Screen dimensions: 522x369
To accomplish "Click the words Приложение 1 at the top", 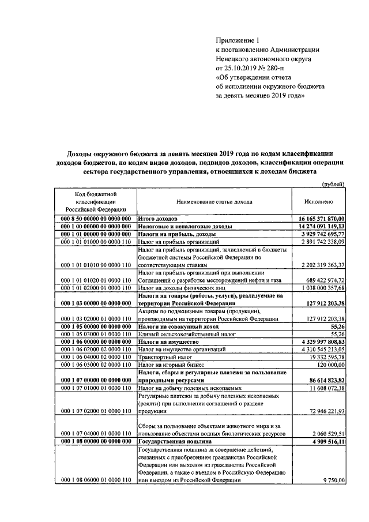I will (238, 40).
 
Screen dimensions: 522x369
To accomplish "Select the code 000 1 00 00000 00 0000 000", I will (94, 227).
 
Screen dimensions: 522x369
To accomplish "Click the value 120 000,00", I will (329, 365).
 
